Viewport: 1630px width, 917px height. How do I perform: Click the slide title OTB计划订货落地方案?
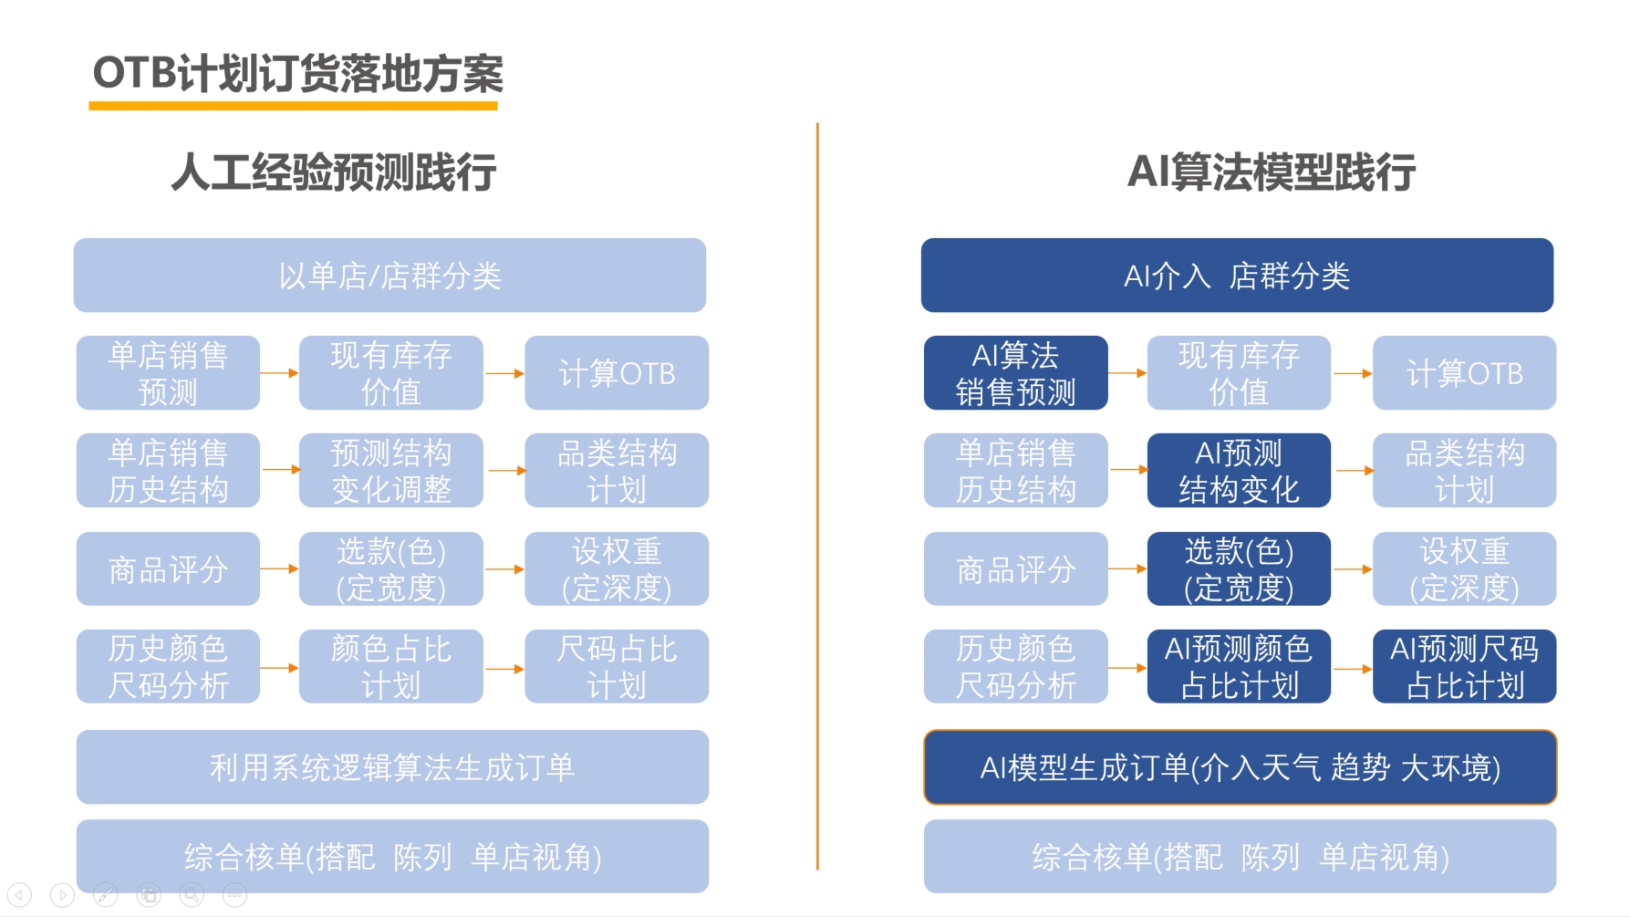297,73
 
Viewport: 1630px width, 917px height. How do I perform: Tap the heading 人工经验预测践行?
334,172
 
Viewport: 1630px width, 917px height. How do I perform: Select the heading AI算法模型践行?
1272,172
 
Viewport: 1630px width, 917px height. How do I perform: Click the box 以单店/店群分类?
389,276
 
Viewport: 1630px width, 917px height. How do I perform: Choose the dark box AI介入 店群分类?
1237,276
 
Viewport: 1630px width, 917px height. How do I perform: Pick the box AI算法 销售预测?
1015,373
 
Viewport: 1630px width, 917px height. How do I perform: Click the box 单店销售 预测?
168,373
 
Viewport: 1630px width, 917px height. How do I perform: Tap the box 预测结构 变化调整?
391,471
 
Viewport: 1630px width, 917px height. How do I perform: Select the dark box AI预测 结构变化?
1239,471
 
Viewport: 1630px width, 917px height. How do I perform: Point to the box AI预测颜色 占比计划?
1239,667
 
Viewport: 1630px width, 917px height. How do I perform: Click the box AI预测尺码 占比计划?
1464,667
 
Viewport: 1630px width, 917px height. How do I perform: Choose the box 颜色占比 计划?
391,667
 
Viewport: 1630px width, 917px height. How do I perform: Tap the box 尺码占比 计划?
617,667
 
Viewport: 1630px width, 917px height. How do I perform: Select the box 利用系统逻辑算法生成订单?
392,767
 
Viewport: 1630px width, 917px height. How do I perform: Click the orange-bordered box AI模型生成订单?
1240,767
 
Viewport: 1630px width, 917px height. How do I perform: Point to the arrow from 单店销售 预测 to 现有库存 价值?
280,373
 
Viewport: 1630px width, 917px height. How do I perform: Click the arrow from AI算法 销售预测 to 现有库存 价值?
1127,373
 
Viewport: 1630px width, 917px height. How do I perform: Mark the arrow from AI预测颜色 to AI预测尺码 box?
1352,669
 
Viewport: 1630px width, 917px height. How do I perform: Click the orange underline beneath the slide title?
293,106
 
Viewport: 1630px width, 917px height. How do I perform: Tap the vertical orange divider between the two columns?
817,496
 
